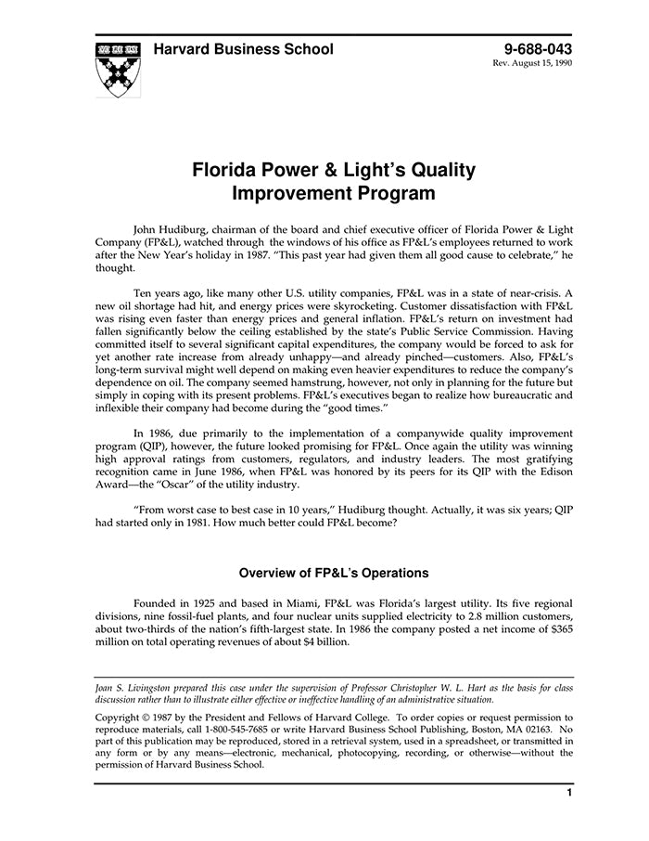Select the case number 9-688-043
click(x=538, y=49)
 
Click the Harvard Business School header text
click(x=244, y=49)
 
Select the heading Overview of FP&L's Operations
click(x=334, y=573)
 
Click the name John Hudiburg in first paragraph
click(x=174, y=226)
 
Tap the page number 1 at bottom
click(x=569, y=794)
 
